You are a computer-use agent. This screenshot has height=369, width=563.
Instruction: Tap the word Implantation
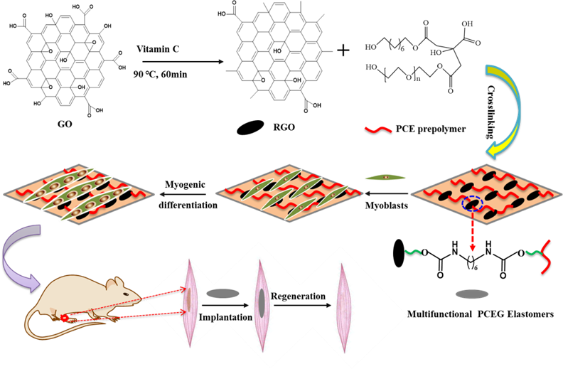tap(225, 316)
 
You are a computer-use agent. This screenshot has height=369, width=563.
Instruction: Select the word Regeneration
tap(298, 295)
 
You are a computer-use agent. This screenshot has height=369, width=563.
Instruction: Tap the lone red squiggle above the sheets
tap(376, 130)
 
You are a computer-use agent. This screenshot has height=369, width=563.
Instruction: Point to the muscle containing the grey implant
tap(262, 304)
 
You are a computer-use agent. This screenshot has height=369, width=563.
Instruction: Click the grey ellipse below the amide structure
tap(470, 293)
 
